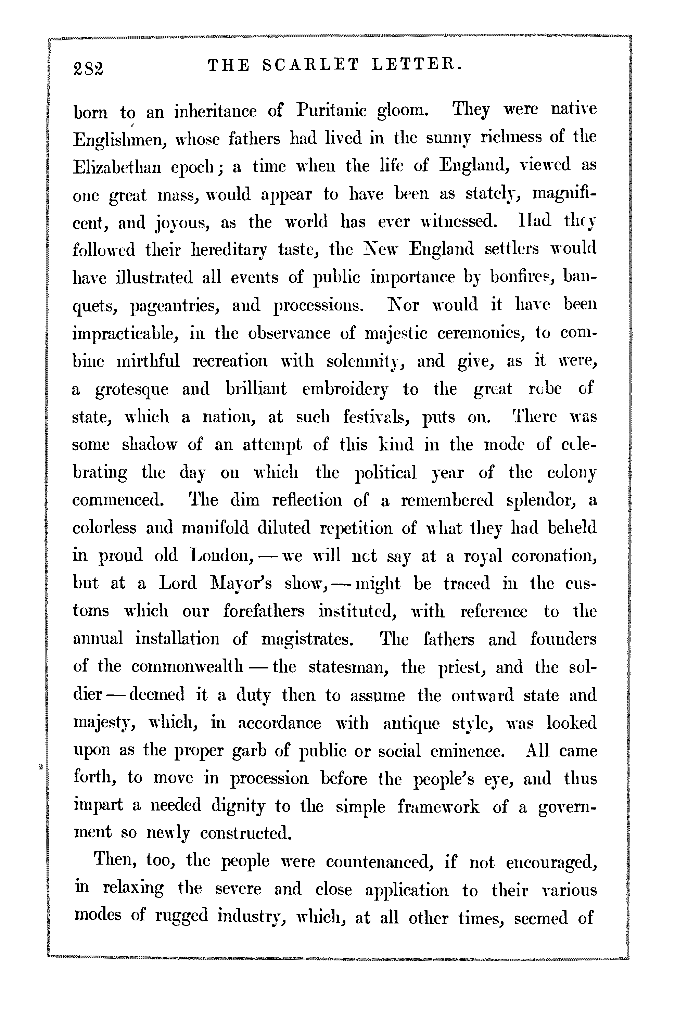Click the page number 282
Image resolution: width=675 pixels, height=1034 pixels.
(x=89, y=67)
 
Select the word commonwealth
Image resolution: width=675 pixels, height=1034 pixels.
(x=187, y=667)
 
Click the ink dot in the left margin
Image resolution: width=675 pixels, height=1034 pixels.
(x=40, y=766)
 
